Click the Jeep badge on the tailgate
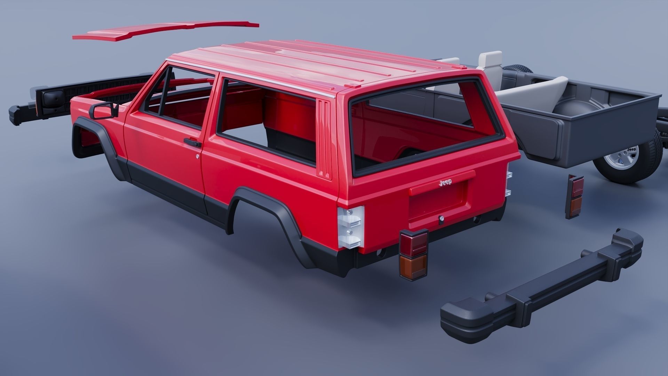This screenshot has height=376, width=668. coord(445,182)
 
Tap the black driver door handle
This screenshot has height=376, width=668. coord(192,142)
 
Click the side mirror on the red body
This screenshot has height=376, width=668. coord(101,110)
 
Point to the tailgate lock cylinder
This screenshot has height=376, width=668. coord(442,219)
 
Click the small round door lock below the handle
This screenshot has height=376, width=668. coord(197,157)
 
